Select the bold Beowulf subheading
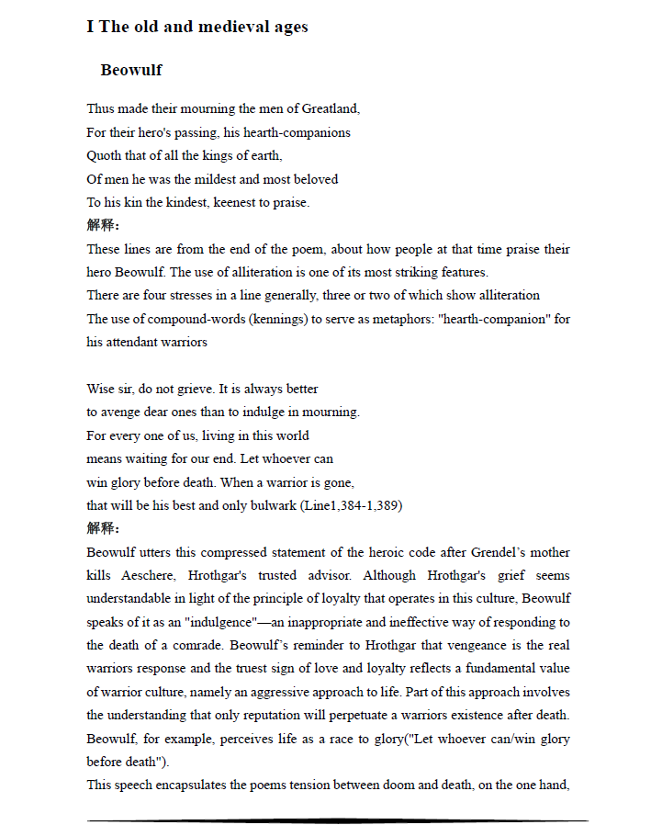tap(131, 71)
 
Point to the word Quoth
tap(104, 156)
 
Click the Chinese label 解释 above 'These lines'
tap(102, 225)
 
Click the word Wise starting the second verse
tap(102, 389)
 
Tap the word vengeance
tap(449, 645)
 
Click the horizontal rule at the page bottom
tap(337, 820)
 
